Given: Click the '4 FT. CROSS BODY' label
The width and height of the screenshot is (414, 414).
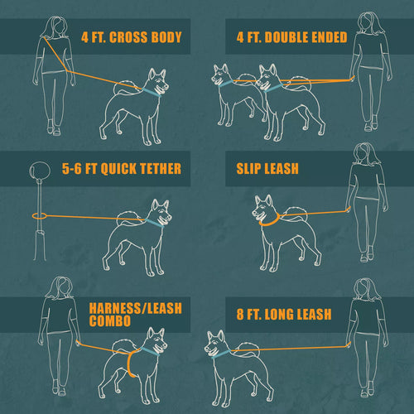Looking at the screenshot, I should tap(132, 38).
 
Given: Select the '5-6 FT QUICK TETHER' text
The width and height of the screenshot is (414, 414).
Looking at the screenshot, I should tap(122, 169).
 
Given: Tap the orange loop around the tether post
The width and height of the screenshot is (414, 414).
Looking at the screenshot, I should tap(37, 215).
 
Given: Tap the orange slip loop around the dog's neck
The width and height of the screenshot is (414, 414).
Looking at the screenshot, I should tap(267, 220).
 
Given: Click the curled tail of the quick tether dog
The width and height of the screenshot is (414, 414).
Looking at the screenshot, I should tap(126, 217).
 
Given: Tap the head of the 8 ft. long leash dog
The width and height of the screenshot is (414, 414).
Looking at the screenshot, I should tap(216, 343).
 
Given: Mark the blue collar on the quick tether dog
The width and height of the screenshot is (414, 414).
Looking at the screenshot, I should tap(154, 222).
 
